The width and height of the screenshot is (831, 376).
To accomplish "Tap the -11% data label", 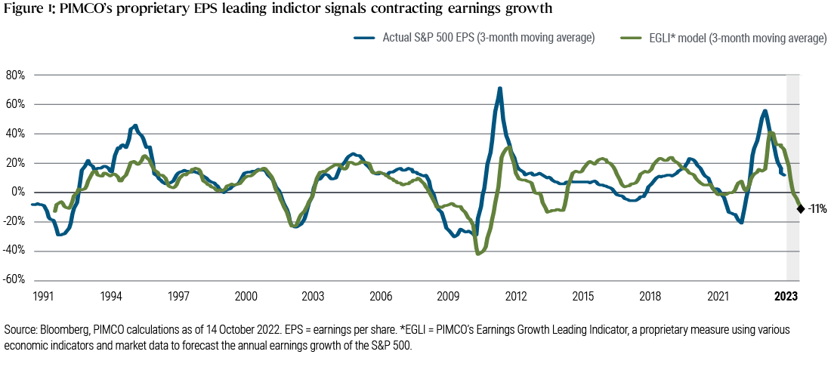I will click(817, 208).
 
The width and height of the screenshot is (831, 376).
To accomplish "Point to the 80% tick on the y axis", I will click(16, 75).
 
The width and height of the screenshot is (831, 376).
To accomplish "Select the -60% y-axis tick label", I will click(15, 280).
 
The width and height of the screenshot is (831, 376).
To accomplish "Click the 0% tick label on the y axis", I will click(18, 192).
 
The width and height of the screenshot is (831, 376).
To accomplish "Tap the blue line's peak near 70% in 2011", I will click(500, 89).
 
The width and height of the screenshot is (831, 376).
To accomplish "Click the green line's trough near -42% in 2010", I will click(477, 254).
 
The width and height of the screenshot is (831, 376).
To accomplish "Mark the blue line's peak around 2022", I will click(765, 111).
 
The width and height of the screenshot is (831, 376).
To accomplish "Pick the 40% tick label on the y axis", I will click(16, 134).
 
